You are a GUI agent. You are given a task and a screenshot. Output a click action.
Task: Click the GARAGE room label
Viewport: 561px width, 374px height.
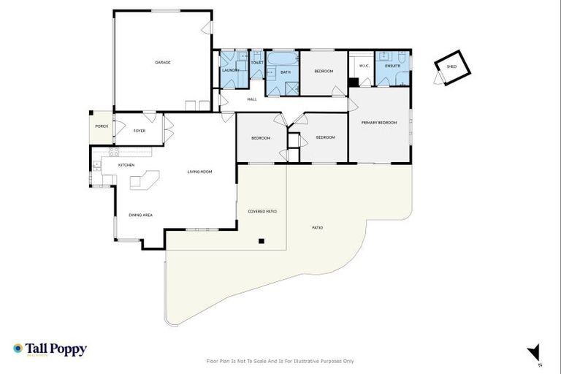[x=162, y=62]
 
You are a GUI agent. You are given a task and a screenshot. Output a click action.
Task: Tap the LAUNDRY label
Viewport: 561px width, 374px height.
[x=231, y=70]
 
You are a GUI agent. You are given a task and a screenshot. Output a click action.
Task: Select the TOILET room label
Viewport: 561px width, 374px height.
[x=256, y=63]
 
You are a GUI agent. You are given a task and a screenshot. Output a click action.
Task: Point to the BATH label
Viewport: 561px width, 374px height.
[x=285, y=72]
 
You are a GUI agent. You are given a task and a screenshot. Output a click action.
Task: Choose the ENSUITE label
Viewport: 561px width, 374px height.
[x=392, y=66]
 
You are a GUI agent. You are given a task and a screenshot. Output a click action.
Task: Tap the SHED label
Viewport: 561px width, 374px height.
[x=451, y=66]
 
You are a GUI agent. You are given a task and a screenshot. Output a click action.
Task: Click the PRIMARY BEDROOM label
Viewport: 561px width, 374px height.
[x=379, y=123]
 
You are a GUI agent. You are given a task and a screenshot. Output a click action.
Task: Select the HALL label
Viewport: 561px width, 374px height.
[x=251, y=99]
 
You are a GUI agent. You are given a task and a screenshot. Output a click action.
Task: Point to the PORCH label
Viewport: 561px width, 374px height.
[x=102, y=126]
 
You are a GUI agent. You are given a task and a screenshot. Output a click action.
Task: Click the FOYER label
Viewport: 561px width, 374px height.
[x=139, y=131]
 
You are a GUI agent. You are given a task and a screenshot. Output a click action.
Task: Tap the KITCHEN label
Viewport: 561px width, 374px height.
[x=126, y=165]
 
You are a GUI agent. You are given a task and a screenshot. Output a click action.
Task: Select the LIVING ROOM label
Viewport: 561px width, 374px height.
[x=199, y=172]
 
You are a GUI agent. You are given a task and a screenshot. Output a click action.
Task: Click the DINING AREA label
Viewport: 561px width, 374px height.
[x=140, y=215]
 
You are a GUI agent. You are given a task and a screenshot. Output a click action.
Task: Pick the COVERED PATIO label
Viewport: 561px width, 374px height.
[x=262, y=211]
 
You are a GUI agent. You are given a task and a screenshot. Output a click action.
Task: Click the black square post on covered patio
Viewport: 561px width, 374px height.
[x=262, y=240]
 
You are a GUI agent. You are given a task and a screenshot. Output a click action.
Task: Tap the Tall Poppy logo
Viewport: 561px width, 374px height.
[x=50, y=349]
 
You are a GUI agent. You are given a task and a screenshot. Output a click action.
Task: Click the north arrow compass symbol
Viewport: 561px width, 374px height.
[x=535, y=352]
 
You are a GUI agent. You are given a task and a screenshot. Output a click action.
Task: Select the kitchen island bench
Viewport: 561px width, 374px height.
[x=145, y=179]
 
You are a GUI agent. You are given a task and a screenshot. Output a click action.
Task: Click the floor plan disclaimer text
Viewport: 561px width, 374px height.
[x=280, y=361]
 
